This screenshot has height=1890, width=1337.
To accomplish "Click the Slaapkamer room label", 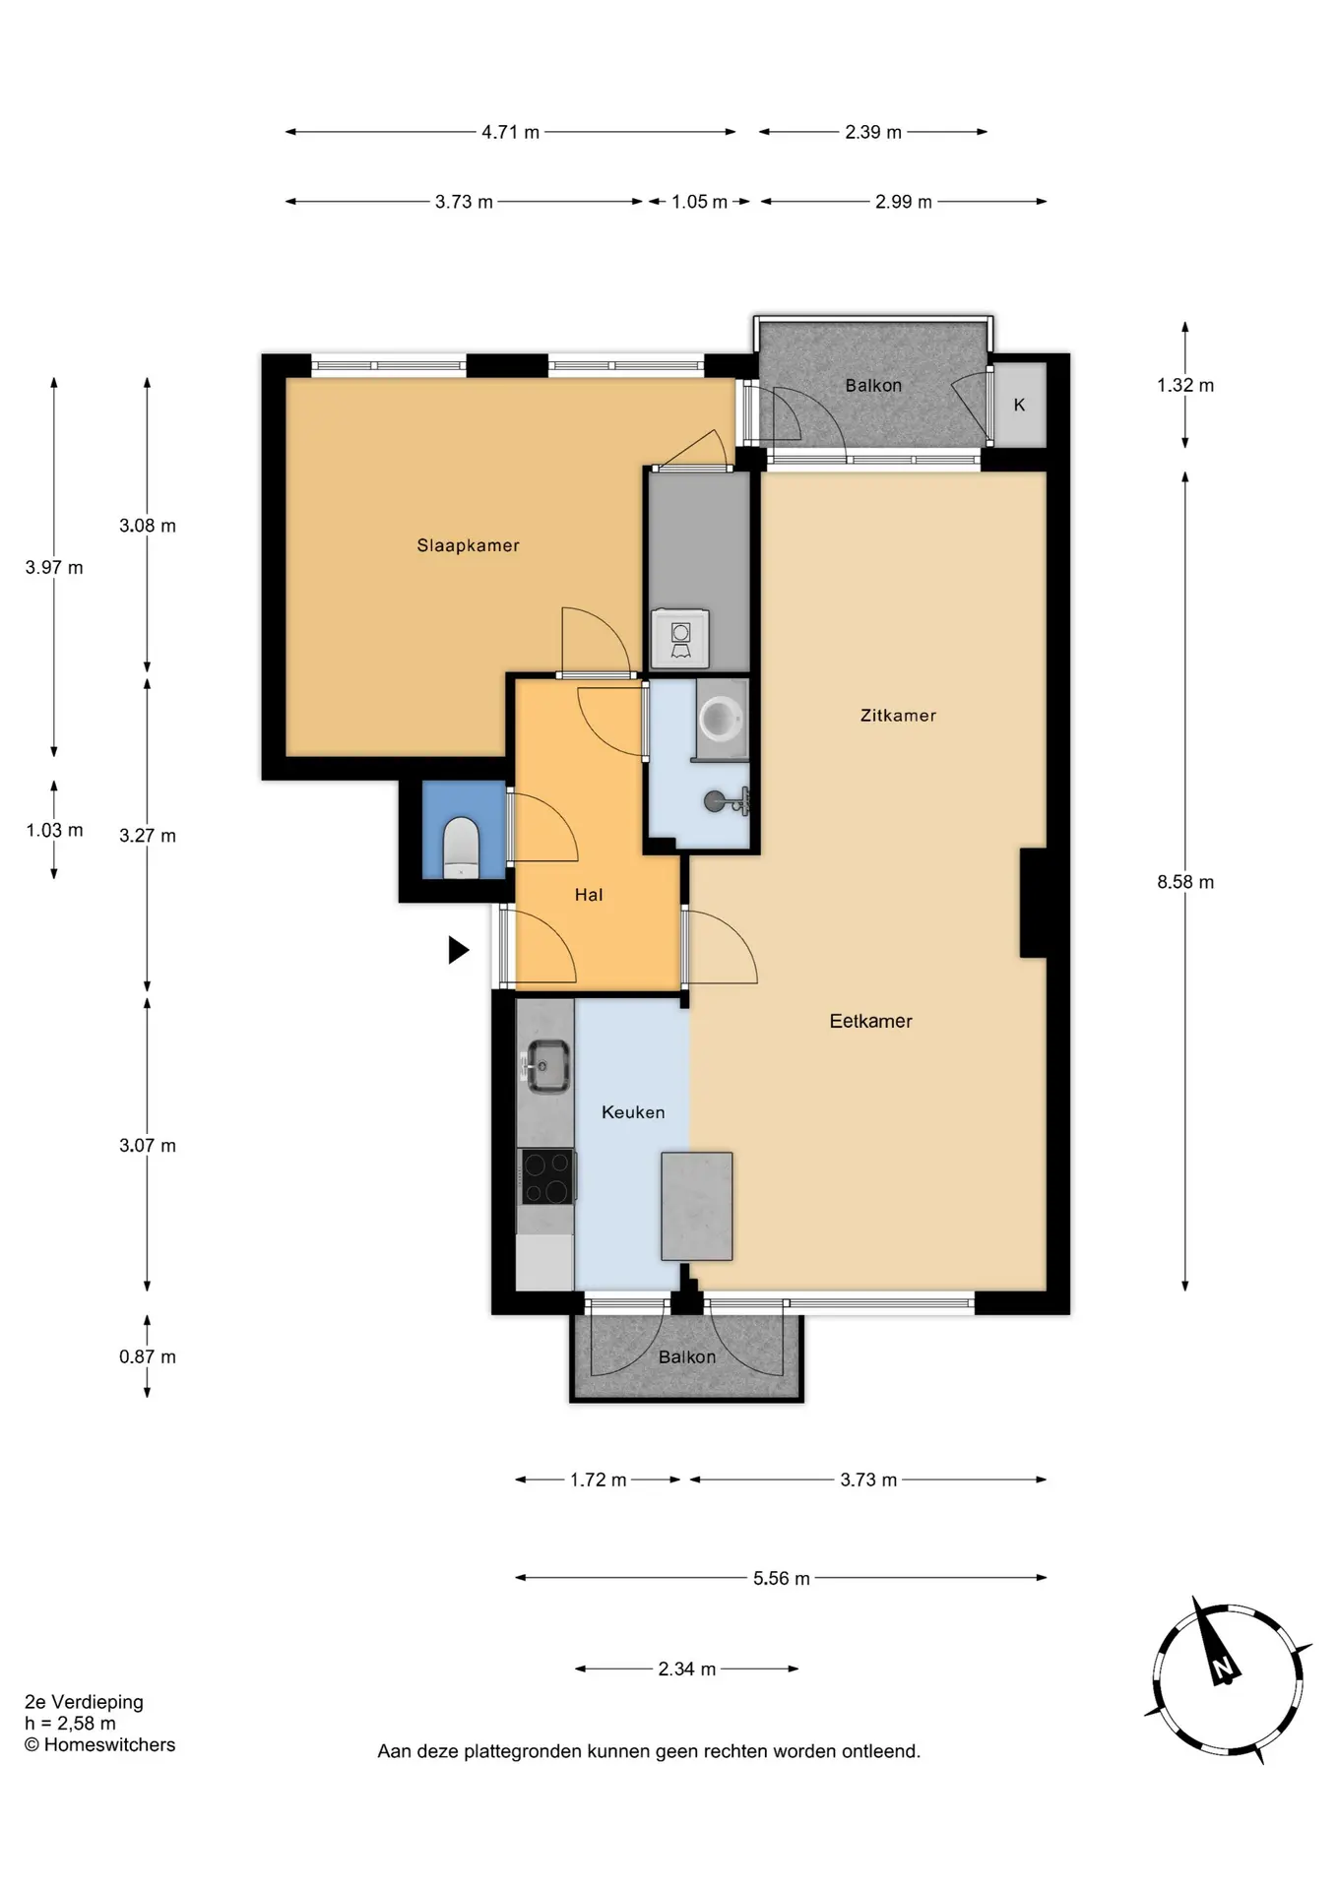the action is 468,545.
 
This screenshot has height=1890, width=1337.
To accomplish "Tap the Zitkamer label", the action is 898,716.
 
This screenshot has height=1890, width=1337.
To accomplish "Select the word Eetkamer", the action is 870,1021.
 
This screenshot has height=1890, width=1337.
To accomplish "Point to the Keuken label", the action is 633,1112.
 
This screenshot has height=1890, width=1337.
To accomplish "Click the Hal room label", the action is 589,895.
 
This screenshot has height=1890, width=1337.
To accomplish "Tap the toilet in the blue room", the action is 460,848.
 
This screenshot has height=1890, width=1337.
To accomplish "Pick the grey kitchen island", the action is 697,1206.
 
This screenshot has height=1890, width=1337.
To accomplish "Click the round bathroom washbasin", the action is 721,718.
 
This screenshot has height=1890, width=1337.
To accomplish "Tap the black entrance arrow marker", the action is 458,950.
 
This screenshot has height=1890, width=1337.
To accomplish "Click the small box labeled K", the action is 1019,405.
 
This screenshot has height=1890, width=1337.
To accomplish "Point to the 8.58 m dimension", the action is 1185,882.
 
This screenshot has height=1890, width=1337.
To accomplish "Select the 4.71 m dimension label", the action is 510,132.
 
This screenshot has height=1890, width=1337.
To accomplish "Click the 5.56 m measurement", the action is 782,1578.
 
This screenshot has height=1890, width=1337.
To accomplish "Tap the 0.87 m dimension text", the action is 148,1356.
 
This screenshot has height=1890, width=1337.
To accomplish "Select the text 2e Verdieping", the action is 84,1702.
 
